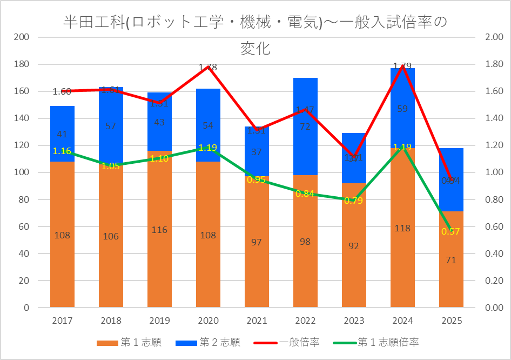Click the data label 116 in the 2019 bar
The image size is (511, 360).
coord(159,230)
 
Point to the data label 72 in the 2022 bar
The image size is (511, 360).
coord(305,126)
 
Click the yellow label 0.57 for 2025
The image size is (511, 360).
coord(451,231)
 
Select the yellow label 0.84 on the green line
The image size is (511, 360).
coord(305,194)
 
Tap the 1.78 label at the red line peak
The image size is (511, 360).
coord(208,68)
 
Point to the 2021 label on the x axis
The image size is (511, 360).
coord(257,321)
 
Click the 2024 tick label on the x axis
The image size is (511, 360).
coord(402,321)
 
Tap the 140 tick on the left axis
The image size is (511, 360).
coord(22,118)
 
